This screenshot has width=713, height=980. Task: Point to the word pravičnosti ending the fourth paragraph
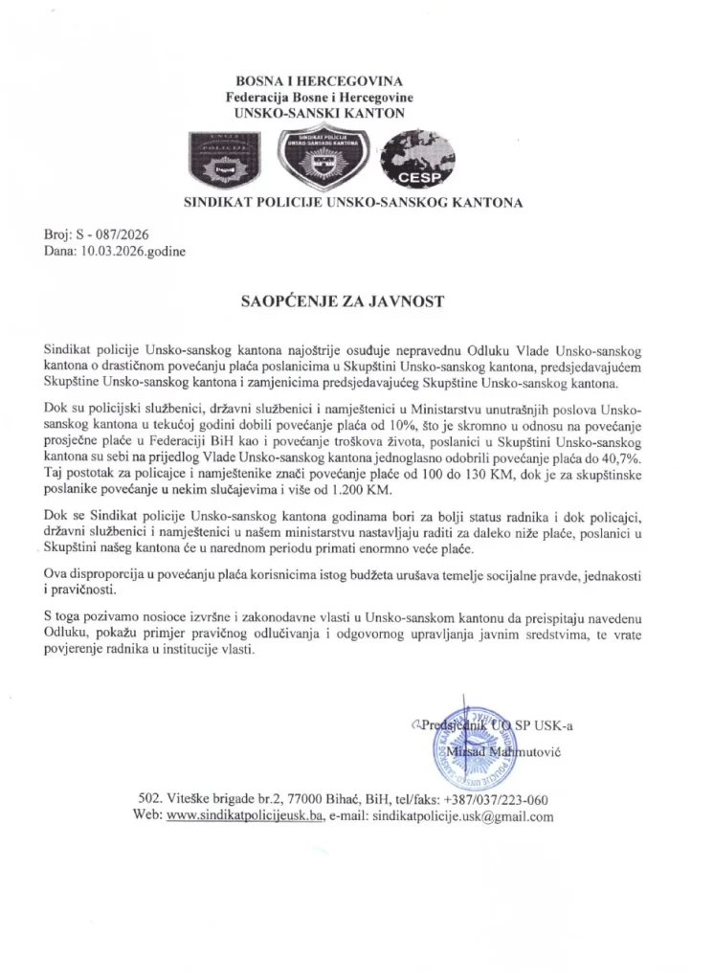83,590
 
